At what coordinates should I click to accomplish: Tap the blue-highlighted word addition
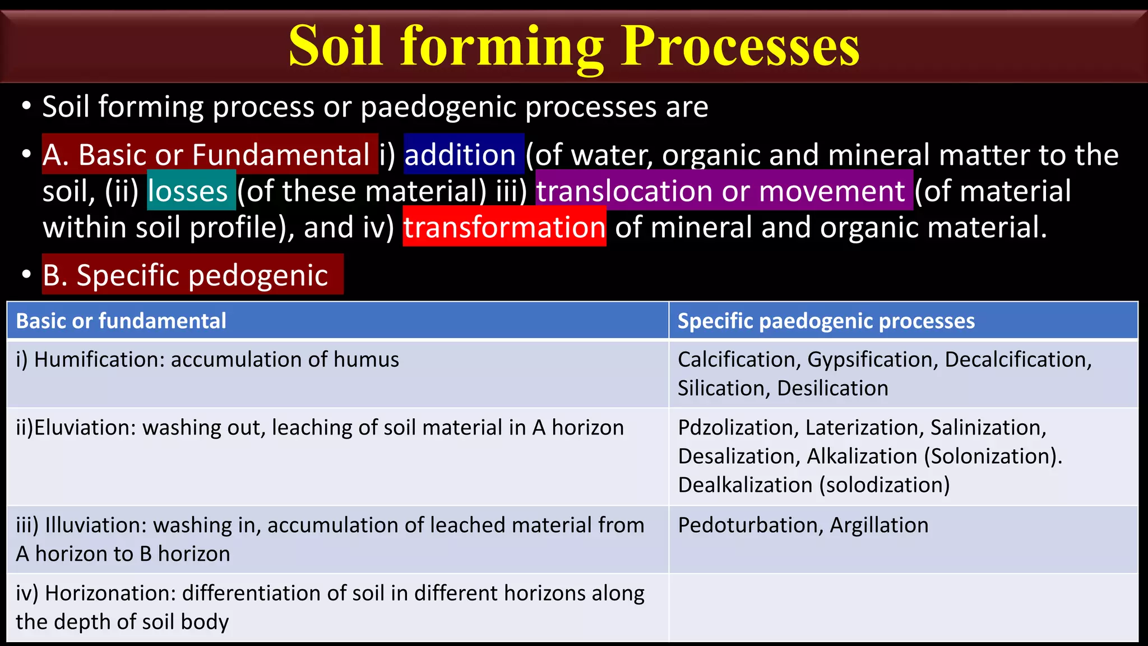pyautogui.click(x=460, y=155)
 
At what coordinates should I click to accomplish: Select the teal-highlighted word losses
pyautogui.click(x=188, y=191)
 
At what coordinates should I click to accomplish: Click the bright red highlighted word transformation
pyautogui.click(x=504, y=227)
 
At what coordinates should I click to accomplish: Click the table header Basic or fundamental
pyautogui.click(x=121, y=321)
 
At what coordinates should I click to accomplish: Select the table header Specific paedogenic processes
pyautogui.click(x=826, y=321)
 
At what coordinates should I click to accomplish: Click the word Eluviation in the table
pyautogui.click(x=85, y=428)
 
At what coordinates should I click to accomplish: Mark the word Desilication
pyautogui.click(x=832, y=389)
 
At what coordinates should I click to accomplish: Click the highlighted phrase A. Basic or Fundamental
pyautogui.click(x=206, y=155)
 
